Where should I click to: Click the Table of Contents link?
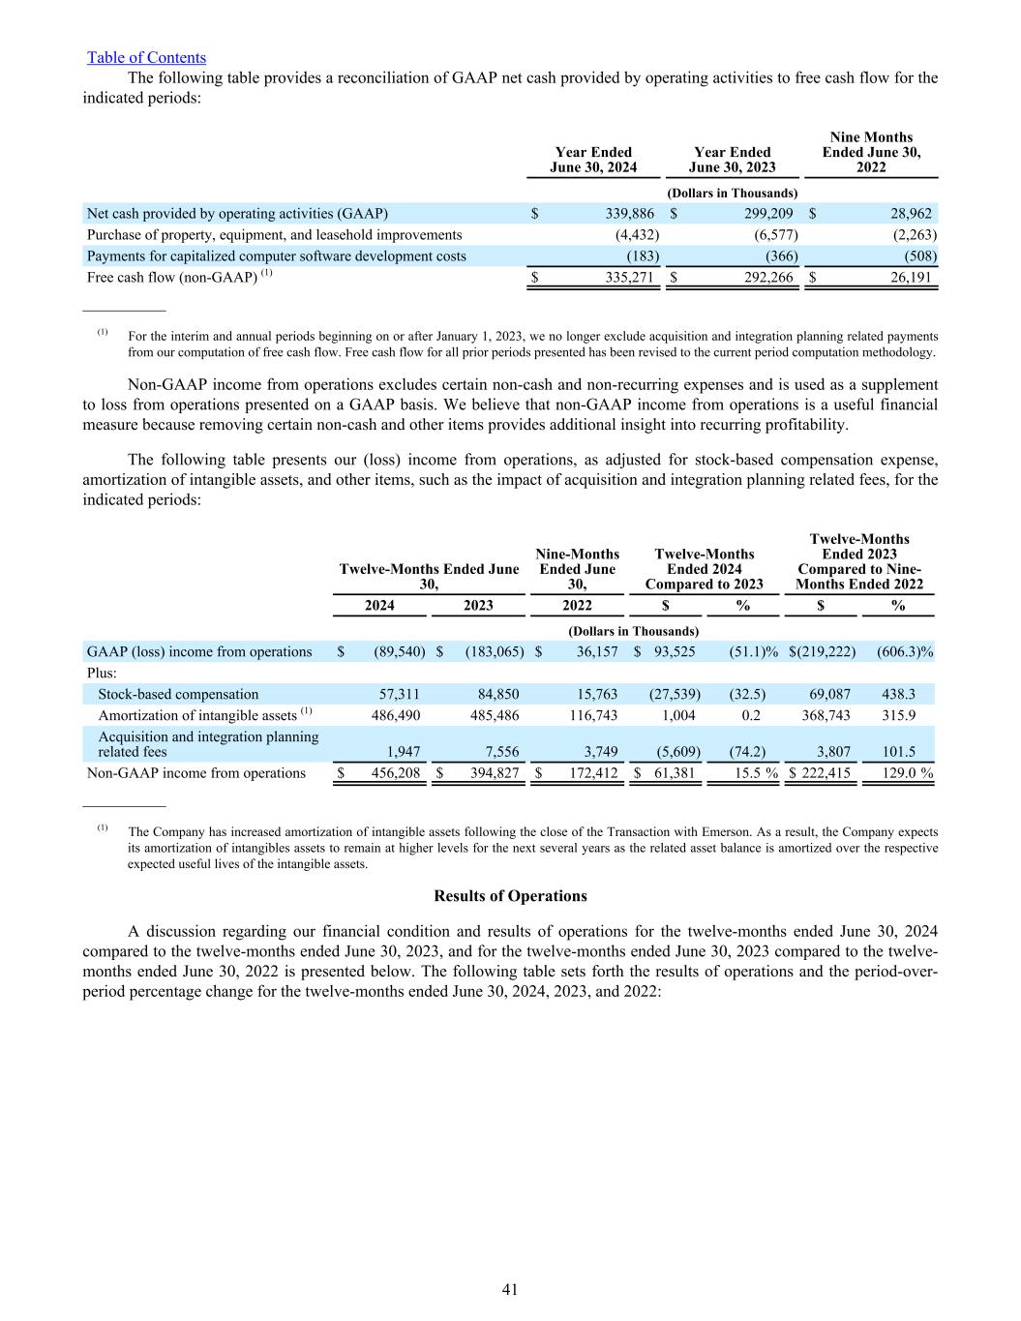tap(146, 58)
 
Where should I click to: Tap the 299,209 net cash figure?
tap(766, 214)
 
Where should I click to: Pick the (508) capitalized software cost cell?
tap(917, 256)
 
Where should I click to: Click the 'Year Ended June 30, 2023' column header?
tap(733, 160)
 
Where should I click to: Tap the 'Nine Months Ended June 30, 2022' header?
tap(871, 152)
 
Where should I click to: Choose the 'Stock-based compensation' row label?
tap(178, 694)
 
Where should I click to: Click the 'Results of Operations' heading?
tap(510, 896)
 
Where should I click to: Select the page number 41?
tap(510, 1289)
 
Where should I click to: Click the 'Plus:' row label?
tap(102, 673)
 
